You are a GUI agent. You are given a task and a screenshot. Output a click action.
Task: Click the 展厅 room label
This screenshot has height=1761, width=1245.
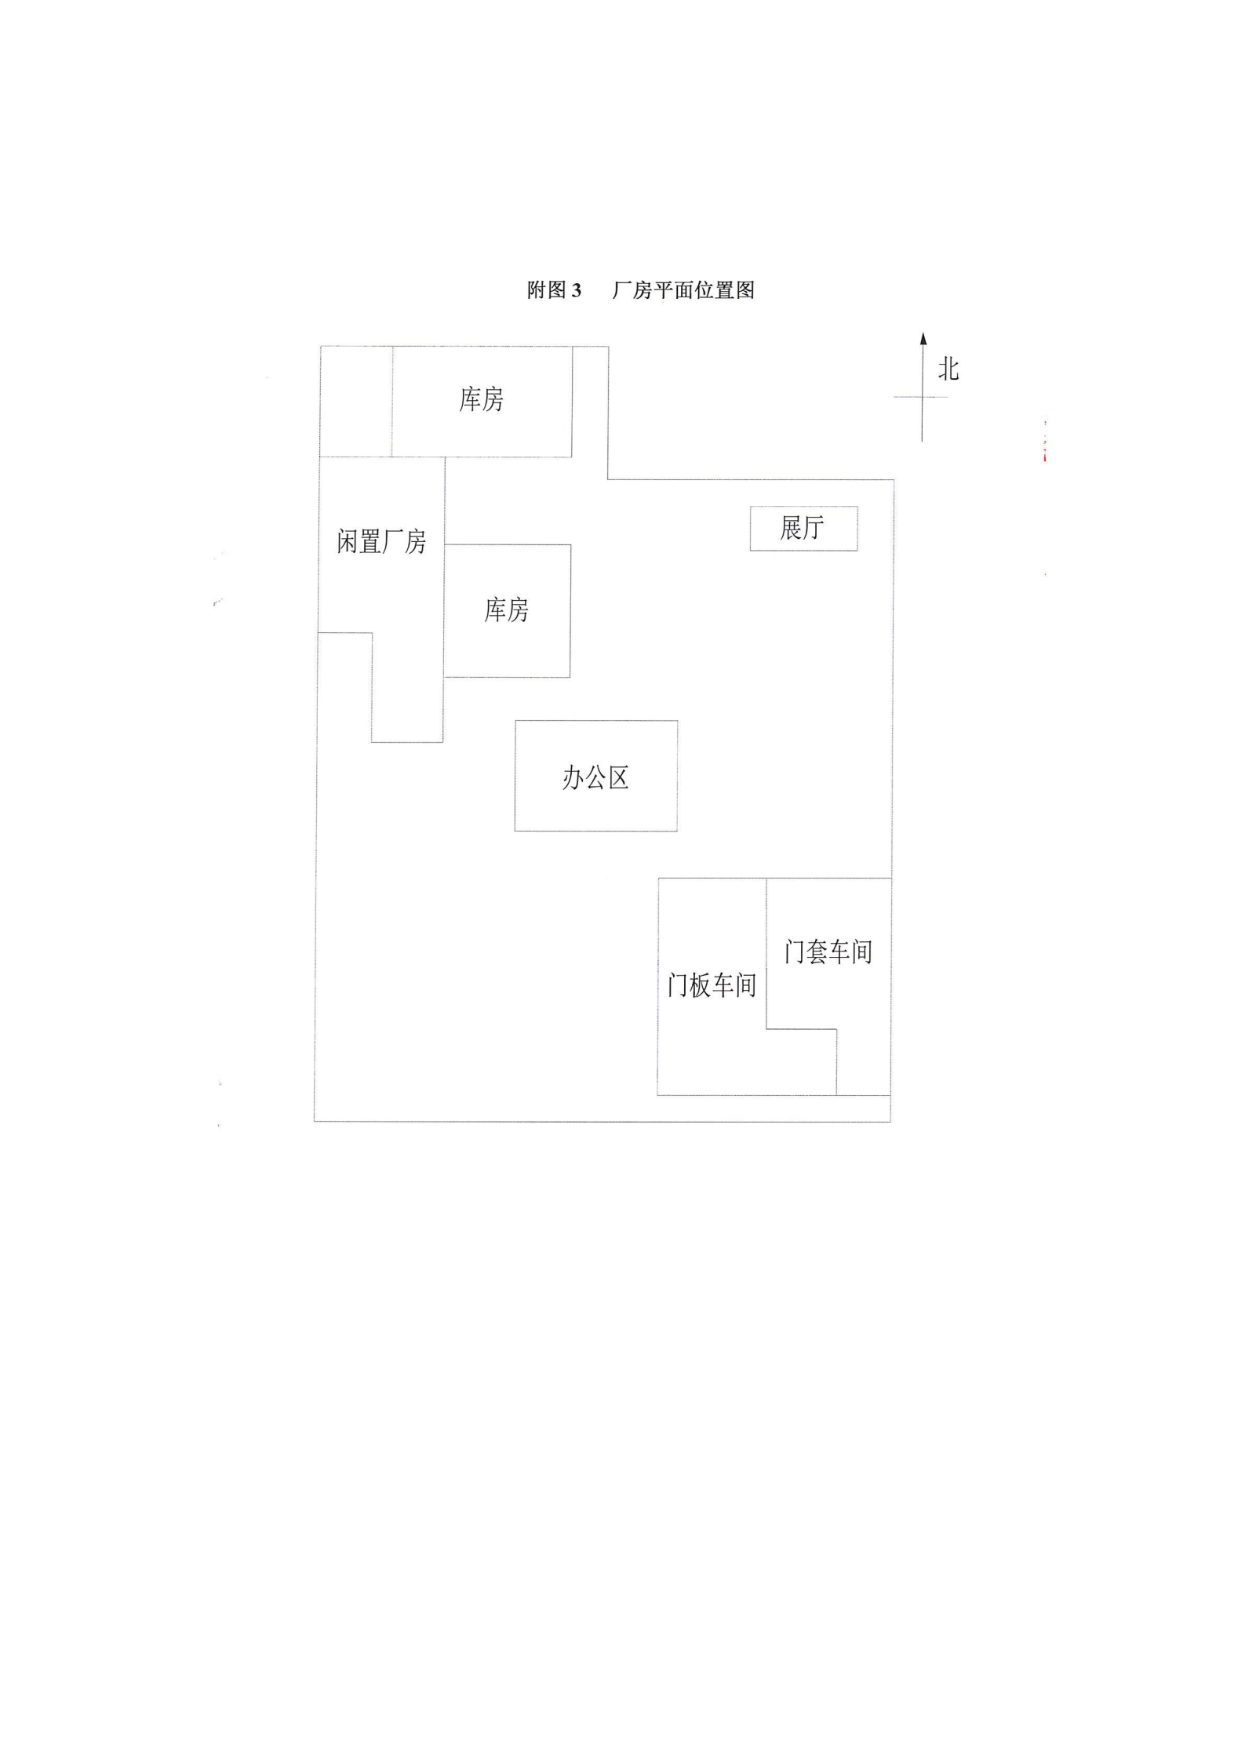(x=802, y=528)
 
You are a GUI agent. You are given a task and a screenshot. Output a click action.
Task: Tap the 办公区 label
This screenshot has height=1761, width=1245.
(x=595, y=778)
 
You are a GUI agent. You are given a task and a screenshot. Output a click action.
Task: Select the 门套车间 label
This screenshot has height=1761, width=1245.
(x=828, y=952)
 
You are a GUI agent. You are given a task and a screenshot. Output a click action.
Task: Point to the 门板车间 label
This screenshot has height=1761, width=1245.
(x=712, y=985)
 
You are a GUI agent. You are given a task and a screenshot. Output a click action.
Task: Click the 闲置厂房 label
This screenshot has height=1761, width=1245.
(x=381, y=541)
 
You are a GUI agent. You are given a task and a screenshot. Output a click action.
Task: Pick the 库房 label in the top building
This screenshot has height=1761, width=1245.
(x=481, y=399)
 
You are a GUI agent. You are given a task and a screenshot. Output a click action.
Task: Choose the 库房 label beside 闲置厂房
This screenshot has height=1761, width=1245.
(x=506, y=609)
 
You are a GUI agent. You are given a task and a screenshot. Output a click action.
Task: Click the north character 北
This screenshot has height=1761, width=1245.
(x=948, y=369)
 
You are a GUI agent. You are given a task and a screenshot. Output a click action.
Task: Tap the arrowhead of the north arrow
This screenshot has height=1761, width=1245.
(x=923, y=339)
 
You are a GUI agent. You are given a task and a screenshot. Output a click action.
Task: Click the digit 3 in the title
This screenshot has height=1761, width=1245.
(x=577, y=290)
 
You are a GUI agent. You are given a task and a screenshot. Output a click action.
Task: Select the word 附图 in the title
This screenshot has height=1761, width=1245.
(x=547, y=290)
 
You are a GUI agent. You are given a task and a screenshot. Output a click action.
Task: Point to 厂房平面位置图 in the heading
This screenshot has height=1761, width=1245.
(x=683, y=290)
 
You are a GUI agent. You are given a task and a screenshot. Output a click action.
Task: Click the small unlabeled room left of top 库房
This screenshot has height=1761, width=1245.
(x=356, y=401)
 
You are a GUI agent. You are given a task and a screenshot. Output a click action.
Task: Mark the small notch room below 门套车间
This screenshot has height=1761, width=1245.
(x=863, y=1062)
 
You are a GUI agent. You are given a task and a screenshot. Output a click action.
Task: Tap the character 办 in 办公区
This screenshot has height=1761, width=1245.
(x=573, y=778)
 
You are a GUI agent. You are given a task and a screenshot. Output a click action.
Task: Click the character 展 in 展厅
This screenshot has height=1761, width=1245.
(x=790, y=528)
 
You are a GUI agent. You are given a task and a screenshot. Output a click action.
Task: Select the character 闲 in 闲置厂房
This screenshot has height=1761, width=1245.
(x=348, y=541)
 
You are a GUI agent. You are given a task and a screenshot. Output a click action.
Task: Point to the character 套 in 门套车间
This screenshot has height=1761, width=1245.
(x=817, y=952)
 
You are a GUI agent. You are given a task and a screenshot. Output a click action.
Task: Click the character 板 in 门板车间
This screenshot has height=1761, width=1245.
(x=701, y=985)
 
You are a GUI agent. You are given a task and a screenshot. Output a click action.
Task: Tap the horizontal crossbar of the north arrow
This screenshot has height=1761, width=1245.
(x=921, y=397)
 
